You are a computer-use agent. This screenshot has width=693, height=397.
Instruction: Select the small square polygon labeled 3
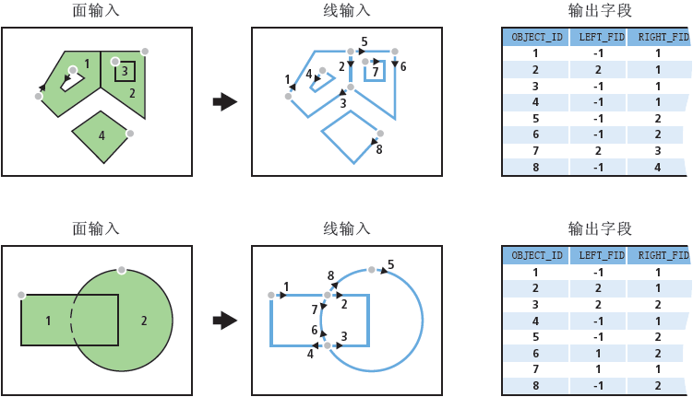tap(125, 71)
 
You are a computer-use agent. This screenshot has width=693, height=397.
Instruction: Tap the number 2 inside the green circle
tap(144, 321)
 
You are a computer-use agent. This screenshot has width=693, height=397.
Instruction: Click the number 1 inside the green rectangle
tap(49, 321)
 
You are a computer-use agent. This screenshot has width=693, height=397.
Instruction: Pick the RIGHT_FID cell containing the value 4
tap(658, 168)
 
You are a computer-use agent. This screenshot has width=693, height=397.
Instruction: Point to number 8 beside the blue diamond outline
tap(379, 148)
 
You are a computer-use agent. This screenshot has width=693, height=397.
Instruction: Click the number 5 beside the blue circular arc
tap(390, 264)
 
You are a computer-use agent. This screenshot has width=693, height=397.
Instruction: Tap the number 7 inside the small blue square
tap(376, 71)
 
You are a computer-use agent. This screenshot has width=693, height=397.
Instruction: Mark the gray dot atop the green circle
tap(120, 270)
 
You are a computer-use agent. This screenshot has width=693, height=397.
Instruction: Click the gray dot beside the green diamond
tap(131, 134)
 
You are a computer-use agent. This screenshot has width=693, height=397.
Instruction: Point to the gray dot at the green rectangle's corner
tap(20, 295)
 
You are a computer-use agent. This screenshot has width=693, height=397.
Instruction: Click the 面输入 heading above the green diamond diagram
tap(96, 11)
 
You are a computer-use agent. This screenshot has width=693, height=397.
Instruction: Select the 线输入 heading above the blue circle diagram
tap(347, 228)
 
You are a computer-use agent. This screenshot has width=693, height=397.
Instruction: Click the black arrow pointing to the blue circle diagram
tap(224, 321)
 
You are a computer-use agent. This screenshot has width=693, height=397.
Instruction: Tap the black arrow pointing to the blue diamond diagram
tap(224, 101)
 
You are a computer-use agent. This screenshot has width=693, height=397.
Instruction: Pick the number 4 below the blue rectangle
tap(310, 354)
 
